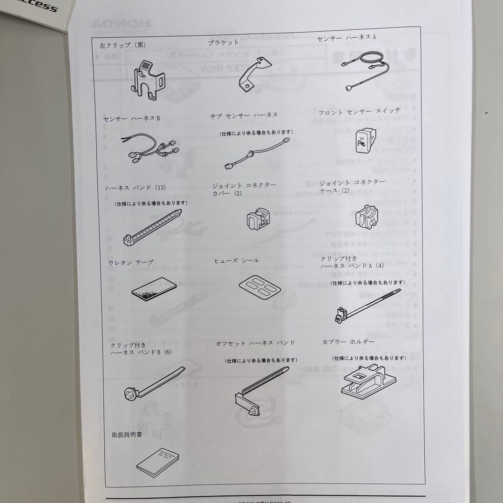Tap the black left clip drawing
click(x=148, y=81)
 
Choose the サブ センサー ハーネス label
click(x=244, y=115)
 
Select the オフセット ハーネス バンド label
click(x=256, y=343)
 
